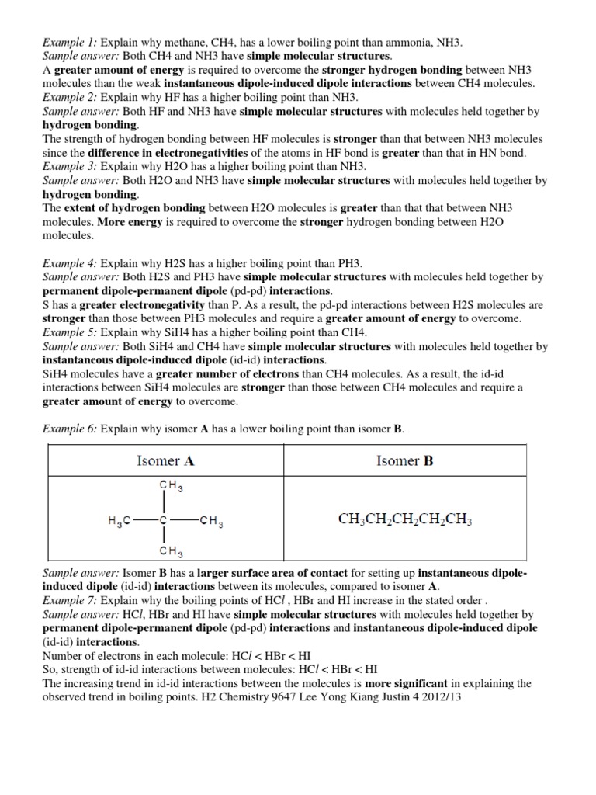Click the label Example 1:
[68, 41]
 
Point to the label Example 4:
[69, 263]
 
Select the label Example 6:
[69, 429]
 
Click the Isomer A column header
[165, 460]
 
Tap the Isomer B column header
[404, 460]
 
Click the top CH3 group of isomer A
[171, 487]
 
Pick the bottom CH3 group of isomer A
[171, 554]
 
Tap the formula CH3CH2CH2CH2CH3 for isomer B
[404, 519]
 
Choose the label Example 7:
[69, 601]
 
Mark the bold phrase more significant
[411, 683]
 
